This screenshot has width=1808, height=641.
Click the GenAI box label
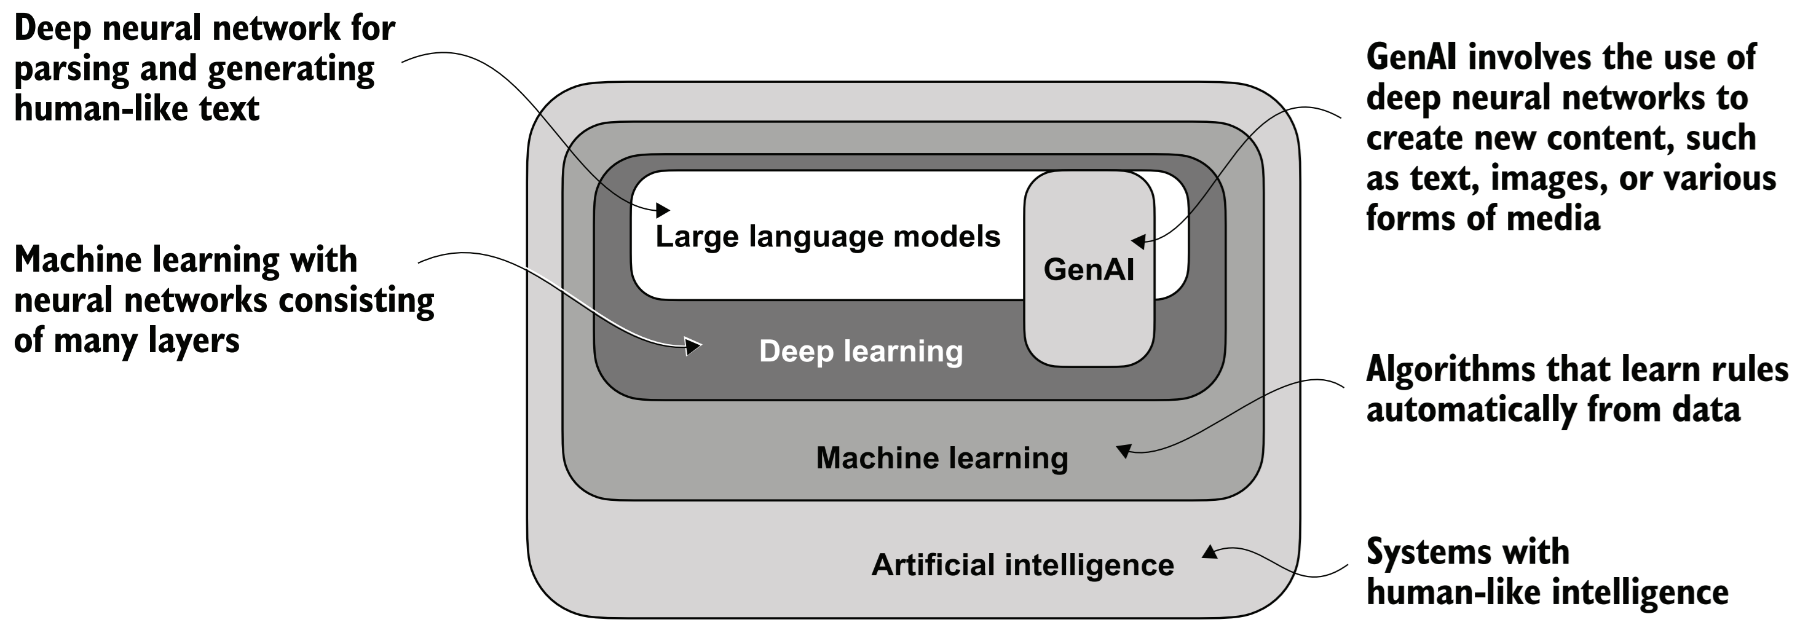tap(1089, 270)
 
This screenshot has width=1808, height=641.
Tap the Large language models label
tap(827, 237)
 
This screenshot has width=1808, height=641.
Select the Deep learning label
tap(861, 352)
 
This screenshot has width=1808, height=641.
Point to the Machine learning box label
tap(942, 458)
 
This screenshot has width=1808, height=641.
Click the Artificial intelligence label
tap(1022, 565)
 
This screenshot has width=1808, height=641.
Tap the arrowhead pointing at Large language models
tap(663, 209)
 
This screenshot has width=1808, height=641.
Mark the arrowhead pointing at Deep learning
tap(693, 346)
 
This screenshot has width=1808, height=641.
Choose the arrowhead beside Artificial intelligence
tap(1209, 553)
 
